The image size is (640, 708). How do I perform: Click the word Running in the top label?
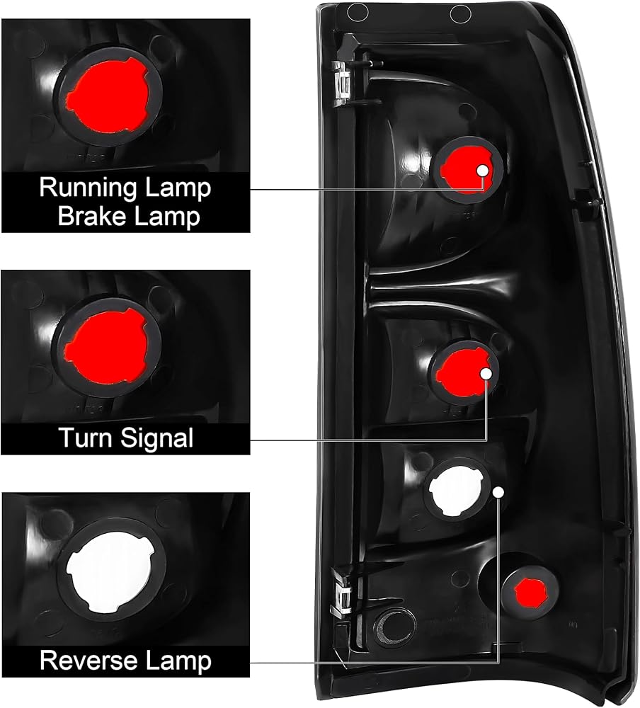pos(88,188)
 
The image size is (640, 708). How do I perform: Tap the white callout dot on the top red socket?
pos(482,171)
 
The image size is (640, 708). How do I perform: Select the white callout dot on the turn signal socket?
pos(486,374)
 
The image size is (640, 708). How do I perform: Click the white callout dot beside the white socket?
pos(498,492)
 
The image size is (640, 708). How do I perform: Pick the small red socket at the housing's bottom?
pos(530,592)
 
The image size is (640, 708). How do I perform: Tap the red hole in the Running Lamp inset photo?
pos(108,96)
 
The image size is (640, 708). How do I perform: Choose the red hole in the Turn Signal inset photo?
pos(106,346)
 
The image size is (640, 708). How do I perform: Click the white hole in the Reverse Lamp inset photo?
pos(108,572)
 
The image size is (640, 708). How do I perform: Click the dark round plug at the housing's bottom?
pos(395,627)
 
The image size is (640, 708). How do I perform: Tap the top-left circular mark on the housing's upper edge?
pos(358,12)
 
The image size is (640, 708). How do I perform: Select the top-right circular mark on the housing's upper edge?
pos(461,14)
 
